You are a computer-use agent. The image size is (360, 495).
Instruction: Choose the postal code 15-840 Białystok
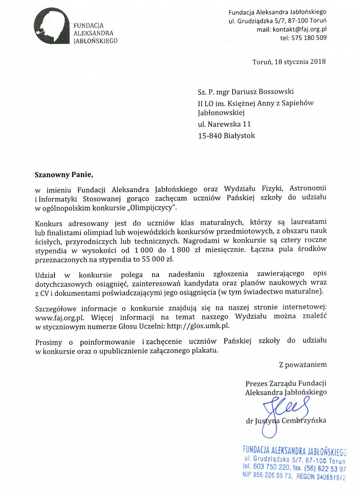pyautogui.click(x=226, y=135)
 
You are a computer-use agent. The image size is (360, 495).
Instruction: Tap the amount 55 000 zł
pyautogui.click(x=158, y=259)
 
